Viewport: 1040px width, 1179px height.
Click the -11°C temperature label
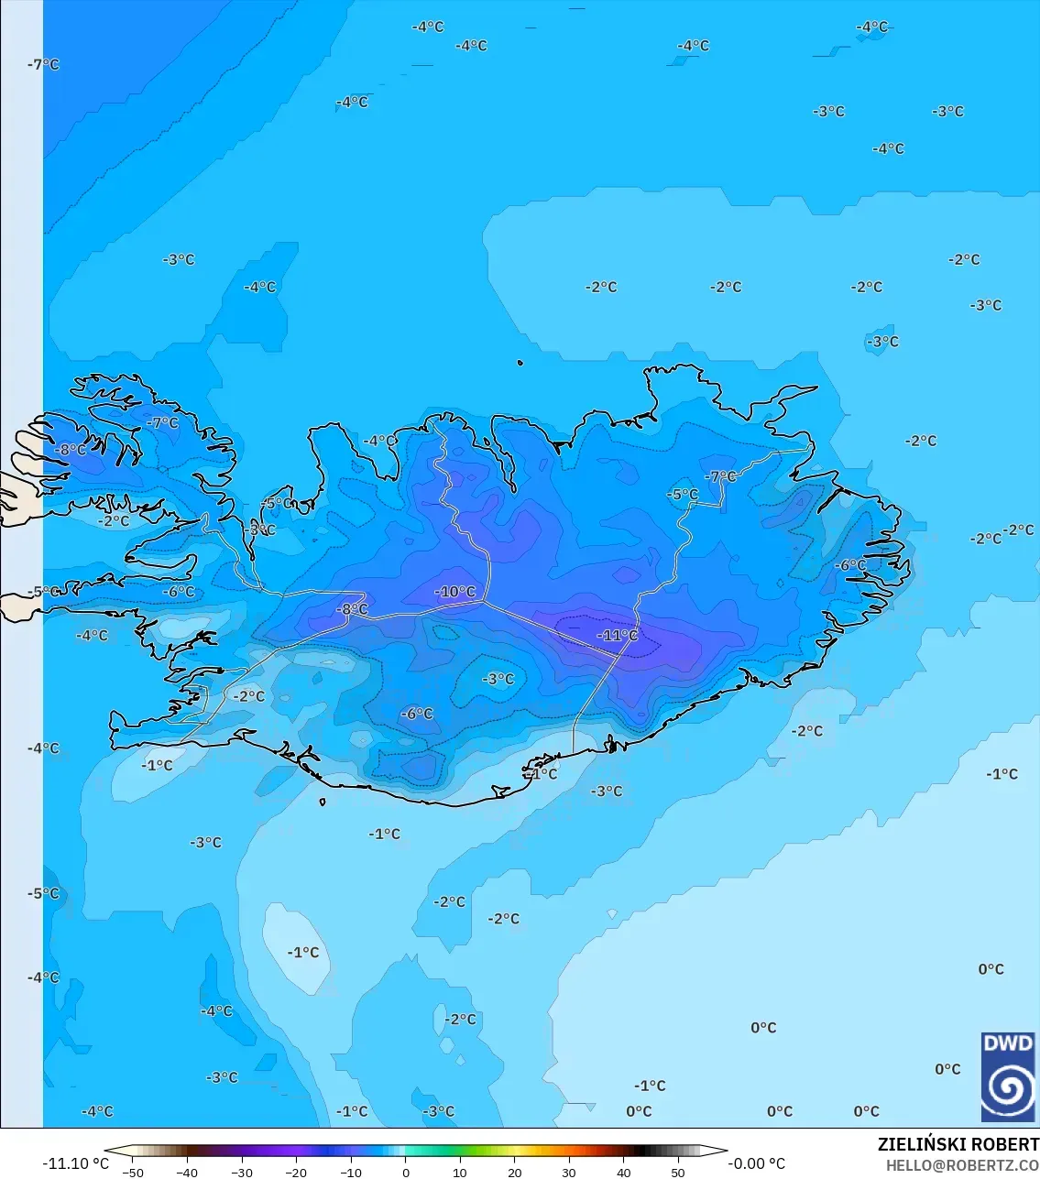click(618, 635)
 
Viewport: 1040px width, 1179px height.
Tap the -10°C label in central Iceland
click(455, 592)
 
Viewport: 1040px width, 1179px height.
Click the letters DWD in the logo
click(1007, 1043)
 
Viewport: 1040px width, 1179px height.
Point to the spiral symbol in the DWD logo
click(1007, 1088)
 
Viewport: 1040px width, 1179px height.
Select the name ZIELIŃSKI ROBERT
click(958, 1145)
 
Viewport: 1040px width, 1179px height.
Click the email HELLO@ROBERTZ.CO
click(962, 1165)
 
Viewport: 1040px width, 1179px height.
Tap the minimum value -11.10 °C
click(75, 1164)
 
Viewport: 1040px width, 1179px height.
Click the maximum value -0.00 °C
click(756, 1164)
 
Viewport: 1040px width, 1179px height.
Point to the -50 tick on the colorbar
click(133, 1173)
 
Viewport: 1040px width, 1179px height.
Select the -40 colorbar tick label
click(187, 1173)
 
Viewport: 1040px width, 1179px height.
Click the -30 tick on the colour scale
click(242, 1173)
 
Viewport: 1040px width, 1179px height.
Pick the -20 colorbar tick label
click(296, 1173)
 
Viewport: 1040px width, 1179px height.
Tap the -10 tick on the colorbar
click(351, 1173)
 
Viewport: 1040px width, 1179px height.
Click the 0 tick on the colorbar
click(406, 1173)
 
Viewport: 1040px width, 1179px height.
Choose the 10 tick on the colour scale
click(460, 1173)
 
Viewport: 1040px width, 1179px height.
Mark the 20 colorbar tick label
click(515, 1173)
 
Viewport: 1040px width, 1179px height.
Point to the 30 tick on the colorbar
click(569, 1173)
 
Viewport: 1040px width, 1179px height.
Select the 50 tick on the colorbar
click(678, 1173)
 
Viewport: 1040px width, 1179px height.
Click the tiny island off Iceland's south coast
click(323, 802)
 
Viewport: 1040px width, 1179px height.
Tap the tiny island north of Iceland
click(520, 364)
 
